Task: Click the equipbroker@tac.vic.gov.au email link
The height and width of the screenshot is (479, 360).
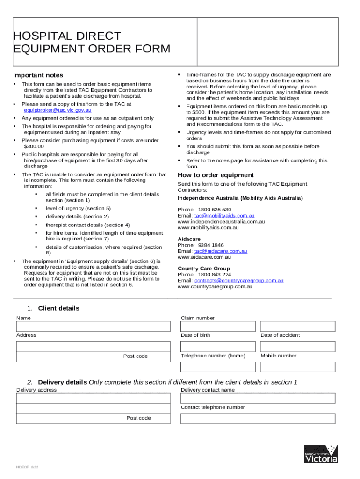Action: tap(58, 110)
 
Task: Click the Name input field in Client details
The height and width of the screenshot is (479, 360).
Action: tap(93, 327)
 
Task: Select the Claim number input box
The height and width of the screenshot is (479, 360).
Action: tap(218, 327)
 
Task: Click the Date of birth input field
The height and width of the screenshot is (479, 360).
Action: tap(218, 347)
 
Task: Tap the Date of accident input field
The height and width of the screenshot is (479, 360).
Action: tap(297, 347)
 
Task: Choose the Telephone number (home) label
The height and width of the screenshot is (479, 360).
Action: tap(213, 356)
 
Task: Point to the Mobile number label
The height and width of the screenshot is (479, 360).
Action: tap(278, 356)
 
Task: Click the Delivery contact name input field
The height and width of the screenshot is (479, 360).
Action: tap(258, 398)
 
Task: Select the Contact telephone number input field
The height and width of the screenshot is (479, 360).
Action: tap(258, 418)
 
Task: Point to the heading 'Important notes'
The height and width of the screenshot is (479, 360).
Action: tap(38, 75)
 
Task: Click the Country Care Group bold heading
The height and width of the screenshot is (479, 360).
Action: tap(203, 269)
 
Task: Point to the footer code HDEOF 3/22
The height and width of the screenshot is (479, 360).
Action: tap(24, 467)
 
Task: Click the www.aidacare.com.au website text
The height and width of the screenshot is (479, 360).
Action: tap(204, 257)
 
